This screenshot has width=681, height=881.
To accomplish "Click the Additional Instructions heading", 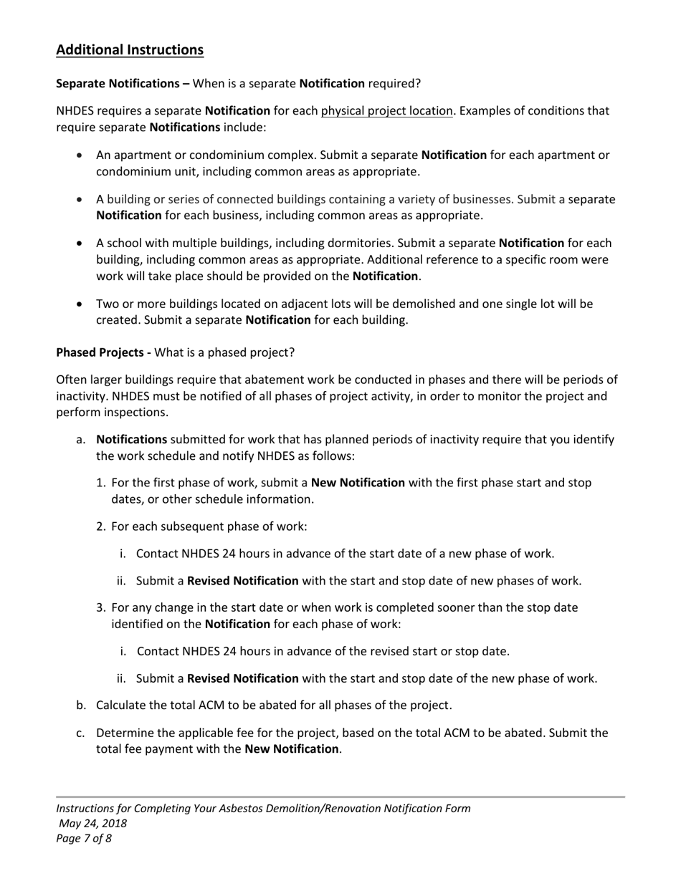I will (130, 50).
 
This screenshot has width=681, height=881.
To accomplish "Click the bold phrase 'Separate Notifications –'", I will (123, 84).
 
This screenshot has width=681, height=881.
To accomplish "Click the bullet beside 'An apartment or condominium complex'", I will (80, 155).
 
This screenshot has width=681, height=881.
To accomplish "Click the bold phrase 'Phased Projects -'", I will (103, 353).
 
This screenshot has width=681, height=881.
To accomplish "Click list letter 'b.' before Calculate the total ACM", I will (81, 706).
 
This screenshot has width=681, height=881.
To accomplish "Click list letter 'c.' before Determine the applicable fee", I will (81, 733).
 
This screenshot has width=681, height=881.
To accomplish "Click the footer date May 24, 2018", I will (93, 824).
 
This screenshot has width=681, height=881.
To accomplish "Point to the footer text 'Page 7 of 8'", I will (84, 839).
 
